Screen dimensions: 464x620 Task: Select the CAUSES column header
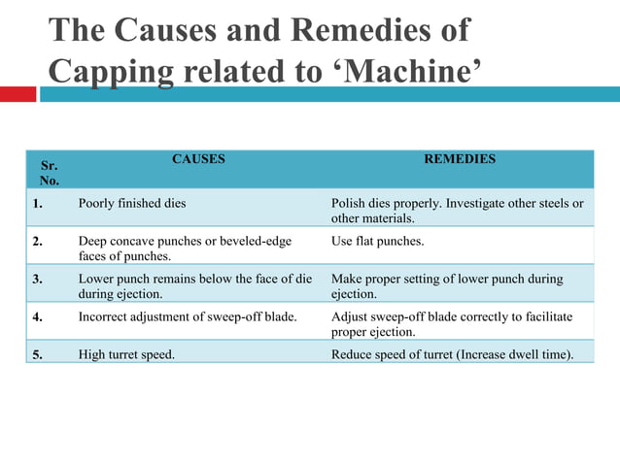[x=198, y=158]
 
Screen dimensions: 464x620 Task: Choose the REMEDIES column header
[x=460, y=158]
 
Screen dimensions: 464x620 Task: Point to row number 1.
[x=36, y=204]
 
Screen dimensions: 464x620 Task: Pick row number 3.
[x=36, y=279]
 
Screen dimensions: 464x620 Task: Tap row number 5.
[x=36, y=354]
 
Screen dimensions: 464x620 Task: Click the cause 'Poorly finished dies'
[x=131, y=204]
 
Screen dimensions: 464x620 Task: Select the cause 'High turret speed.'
[x=126, y=354]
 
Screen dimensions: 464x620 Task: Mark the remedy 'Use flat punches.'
[x=377, y=241]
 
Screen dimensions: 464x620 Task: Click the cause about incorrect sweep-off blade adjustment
[x=187, y=316]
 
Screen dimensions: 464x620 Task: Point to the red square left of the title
[x=17, y=94]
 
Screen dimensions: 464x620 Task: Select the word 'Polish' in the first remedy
[x=349, y=204]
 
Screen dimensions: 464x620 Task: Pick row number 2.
[x=36, y=241]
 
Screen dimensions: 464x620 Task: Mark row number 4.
[x=36, y=316]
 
